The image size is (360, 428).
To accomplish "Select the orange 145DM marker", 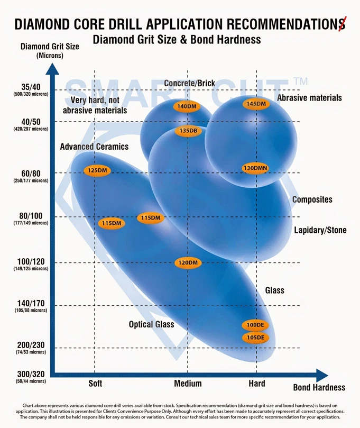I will coord(256,104).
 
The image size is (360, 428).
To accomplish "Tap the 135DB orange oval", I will coord(188,131).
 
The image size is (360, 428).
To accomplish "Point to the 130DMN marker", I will coord(255,168).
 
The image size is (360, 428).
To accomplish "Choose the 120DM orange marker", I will coord(188,263).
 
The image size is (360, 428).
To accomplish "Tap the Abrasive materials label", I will coord(309,98).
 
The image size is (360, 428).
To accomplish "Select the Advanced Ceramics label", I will coord(94,147).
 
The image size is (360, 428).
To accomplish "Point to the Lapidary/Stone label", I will coord(320,231).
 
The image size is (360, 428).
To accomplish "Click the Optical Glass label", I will coord(151,324).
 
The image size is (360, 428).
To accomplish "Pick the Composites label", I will coord(312,199).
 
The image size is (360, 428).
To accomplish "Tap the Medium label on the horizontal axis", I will coord(188,384).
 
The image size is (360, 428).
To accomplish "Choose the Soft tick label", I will coord(95,384).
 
